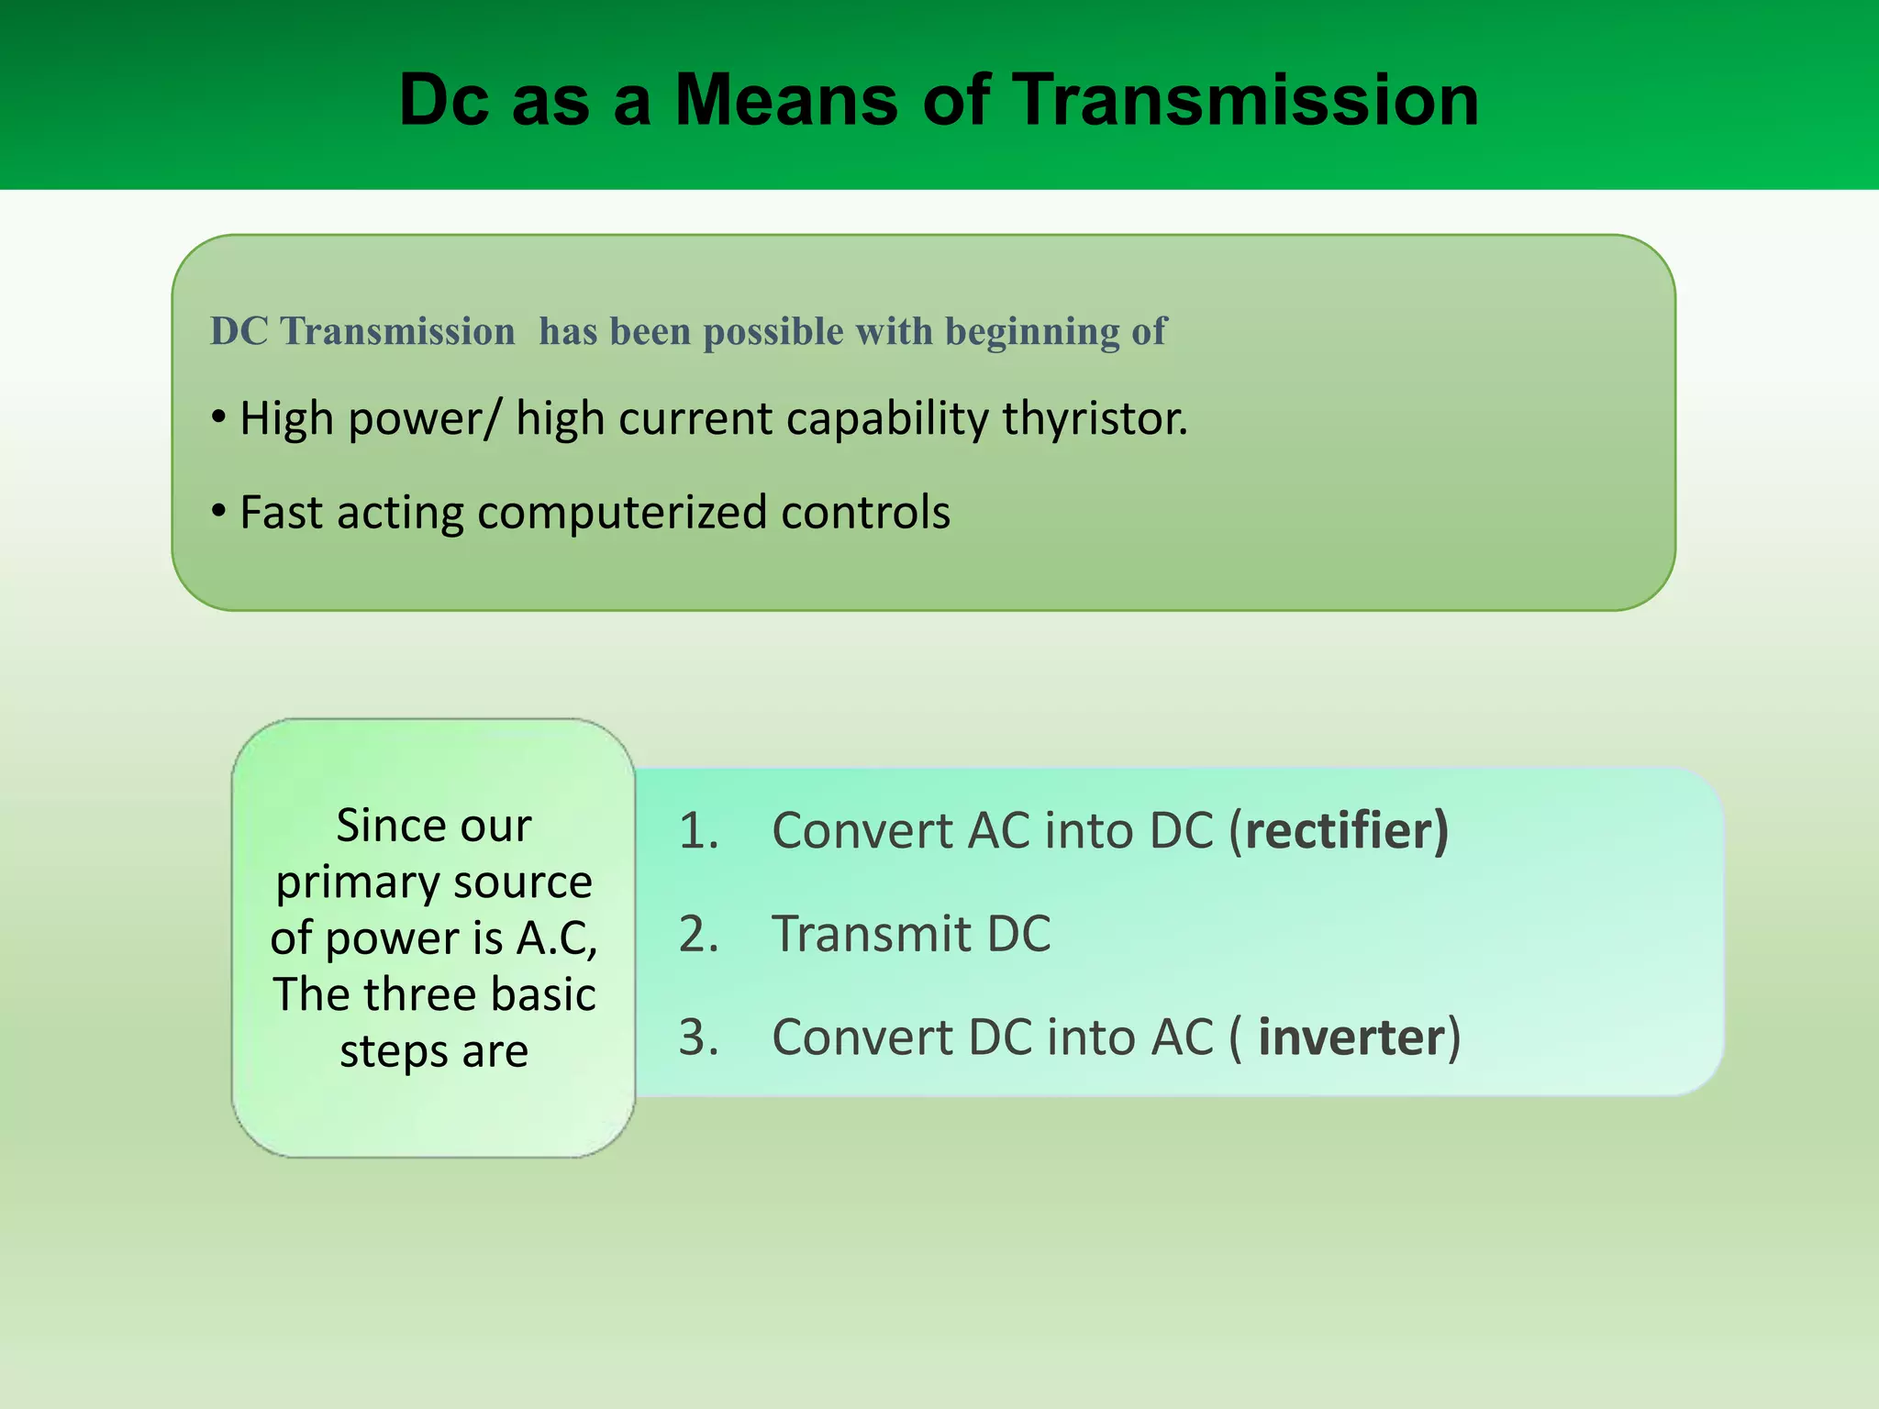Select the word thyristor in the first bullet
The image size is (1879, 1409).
1094,418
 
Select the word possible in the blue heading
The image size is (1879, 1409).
773,332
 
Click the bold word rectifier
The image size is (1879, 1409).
1339,830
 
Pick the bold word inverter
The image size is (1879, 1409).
1351,1037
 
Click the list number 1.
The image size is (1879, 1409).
697,831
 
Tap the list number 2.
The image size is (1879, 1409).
697,935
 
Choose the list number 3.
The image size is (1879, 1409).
697,1037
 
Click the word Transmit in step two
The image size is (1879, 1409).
871,935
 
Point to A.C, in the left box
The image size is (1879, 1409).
557,937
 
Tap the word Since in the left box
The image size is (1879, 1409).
379,826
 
